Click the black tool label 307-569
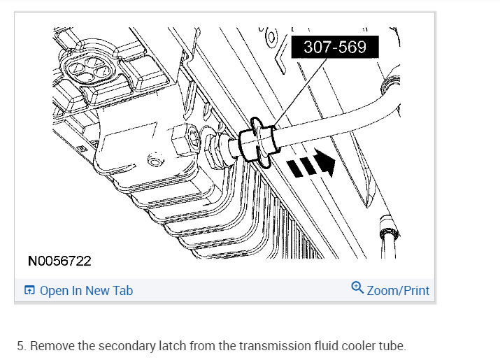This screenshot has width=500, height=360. tap(335, 47)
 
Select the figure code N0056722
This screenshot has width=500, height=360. tap(59, 261)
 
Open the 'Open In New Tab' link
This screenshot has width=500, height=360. tap(86, 291)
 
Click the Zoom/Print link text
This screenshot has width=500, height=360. tap(398, 291)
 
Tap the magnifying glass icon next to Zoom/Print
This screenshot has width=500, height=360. tap(357, 287)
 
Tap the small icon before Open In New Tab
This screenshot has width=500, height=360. tap(29, 290)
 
